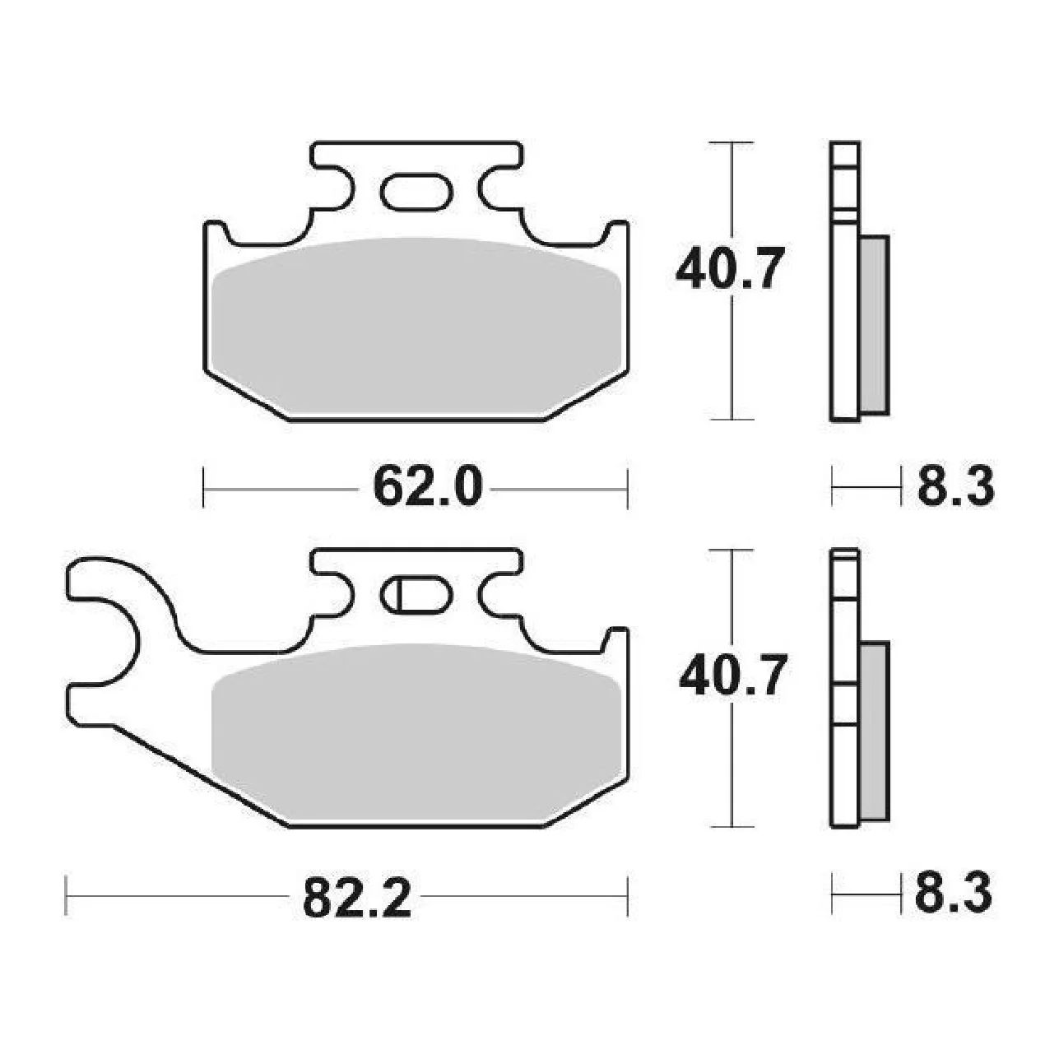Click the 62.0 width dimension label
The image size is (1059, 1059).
tap(427, 486)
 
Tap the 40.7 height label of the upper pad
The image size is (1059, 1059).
tap(729, 268)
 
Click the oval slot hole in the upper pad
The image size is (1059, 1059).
tap(416, 192)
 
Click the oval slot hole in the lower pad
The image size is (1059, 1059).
tap(416, 595)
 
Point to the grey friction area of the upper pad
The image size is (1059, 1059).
tap(416, 327)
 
